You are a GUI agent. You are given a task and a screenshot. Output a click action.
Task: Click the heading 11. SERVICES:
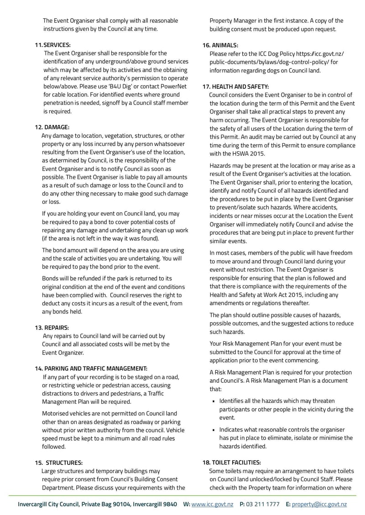[x=52, y=45]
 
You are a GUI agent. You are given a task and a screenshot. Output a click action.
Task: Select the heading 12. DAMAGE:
[x=52, y=127]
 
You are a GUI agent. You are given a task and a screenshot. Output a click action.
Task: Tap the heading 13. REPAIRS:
[x=52, y=327]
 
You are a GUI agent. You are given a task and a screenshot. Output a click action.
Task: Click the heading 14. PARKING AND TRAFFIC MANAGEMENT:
[x=91, y=368]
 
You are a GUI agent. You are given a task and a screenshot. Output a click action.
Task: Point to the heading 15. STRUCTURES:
[x=59, y=463]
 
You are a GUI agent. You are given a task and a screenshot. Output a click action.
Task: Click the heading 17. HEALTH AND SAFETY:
[x=235, y=87]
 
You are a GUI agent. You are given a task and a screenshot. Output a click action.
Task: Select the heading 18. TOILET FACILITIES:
[x=231, y=462]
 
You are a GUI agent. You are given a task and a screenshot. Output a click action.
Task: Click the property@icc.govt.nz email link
[x=319, y=504]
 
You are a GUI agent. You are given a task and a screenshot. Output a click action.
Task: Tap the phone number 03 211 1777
[x=263, y=504]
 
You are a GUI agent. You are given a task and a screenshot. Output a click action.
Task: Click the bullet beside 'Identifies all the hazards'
[x=214, y=402]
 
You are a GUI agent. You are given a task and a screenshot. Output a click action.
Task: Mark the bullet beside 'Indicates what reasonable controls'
[x=214, y=430]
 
